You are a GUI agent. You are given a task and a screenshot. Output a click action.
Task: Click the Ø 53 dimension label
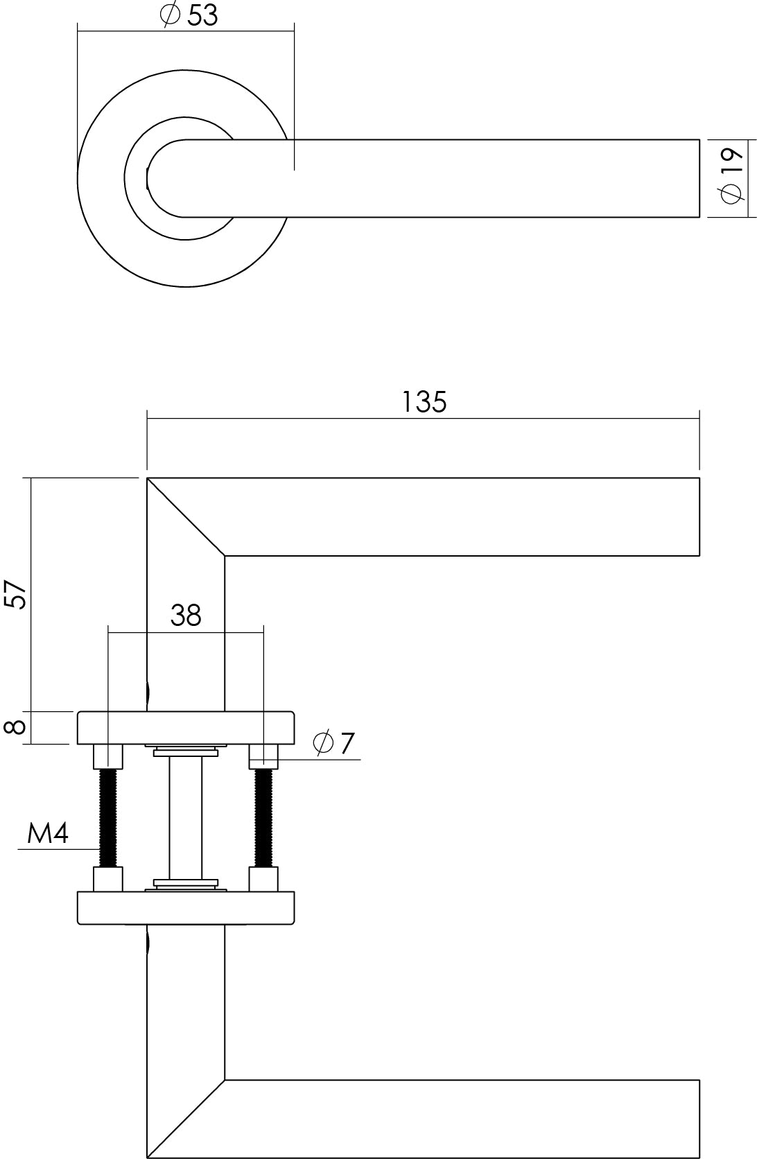(189, 15)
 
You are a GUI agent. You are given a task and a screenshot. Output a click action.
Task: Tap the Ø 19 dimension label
(730, 176)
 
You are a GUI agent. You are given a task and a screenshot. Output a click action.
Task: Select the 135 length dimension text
(424, 401)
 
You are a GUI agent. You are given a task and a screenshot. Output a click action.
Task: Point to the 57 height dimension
(15, 595)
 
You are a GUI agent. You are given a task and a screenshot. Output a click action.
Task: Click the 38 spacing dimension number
(186, 616)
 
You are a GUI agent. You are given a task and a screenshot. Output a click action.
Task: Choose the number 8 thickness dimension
(15, 727)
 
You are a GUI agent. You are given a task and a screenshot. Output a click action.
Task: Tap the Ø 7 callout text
(333, 743)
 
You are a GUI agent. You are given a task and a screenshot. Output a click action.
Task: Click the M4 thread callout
(48, 833)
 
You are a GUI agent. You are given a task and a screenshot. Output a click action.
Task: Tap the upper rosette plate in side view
(186, 727)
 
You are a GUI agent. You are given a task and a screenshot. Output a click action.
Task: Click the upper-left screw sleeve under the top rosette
(108, 756)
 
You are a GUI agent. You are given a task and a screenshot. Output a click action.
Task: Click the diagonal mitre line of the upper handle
(186, 517)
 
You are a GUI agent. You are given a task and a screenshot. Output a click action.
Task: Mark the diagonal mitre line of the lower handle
(186, 1119)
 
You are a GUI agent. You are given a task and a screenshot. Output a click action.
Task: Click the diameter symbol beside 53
(170, 15)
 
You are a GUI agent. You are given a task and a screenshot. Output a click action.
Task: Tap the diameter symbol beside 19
(730, 194)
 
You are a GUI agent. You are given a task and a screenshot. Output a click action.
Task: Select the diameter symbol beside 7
(323, 743)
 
